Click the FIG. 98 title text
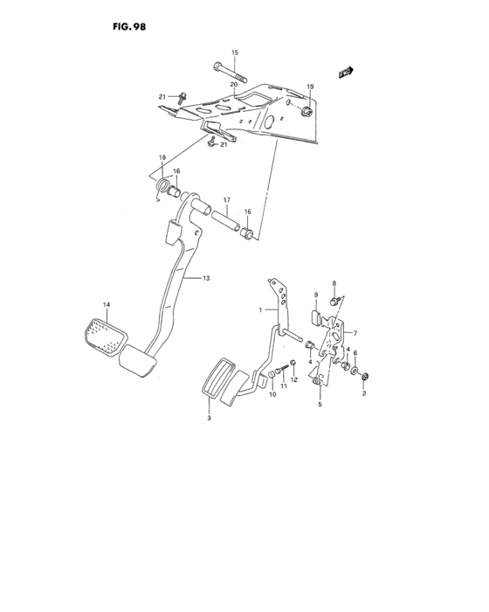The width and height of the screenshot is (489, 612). pos(128,27)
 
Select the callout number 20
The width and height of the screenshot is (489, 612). pos(234,85)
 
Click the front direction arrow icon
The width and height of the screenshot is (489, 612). pos(347,73)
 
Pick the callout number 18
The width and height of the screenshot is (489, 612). pos(162,157)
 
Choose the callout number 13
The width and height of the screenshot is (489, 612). pos(207,278)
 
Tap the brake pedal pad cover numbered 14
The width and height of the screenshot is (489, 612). pos(104,337)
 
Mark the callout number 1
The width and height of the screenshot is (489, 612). pos(259,309)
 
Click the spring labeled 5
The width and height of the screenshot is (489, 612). pos(320,381)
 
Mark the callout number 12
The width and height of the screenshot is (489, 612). pos(294,379)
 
